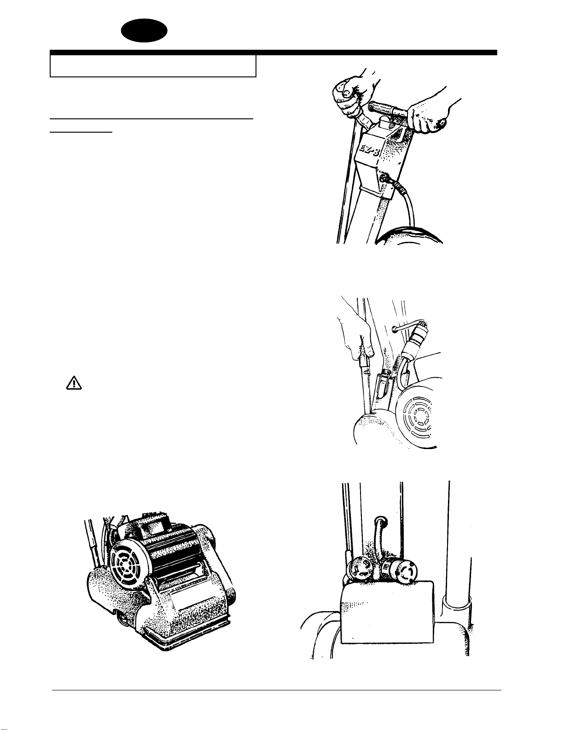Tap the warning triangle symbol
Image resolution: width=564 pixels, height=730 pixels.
[74, 383]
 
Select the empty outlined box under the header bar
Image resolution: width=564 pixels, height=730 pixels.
[153, 66]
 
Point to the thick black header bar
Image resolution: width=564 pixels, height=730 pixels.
[273, 53]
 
